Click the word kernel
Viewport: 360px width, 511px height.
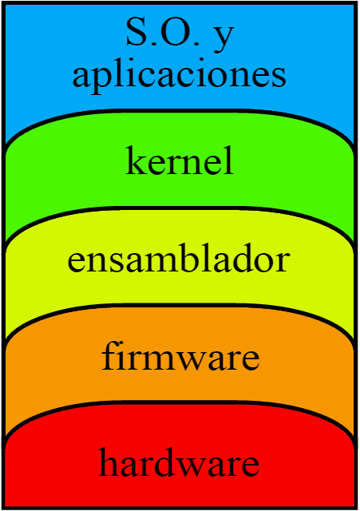(x=180, y=160)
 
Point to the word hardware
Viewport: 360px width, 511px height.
(x=179, y=461)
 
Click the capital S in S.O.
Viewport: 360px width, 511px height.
(x=136, y=32)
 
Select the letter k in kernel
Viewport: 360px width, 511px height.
(x=136, y=160)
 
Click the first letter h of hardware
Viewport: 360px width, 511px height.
(x=109, y=461)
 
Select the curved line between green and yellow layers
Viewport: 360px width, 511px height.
(x=180, y=208)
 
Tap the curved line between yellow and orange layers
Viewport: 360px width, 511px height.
(x=180, y=306)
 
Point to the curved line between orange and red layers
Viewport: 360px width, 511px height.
(x=180, y=403)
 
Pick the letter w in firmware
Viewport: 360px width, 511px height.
(x=200, y=360)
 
